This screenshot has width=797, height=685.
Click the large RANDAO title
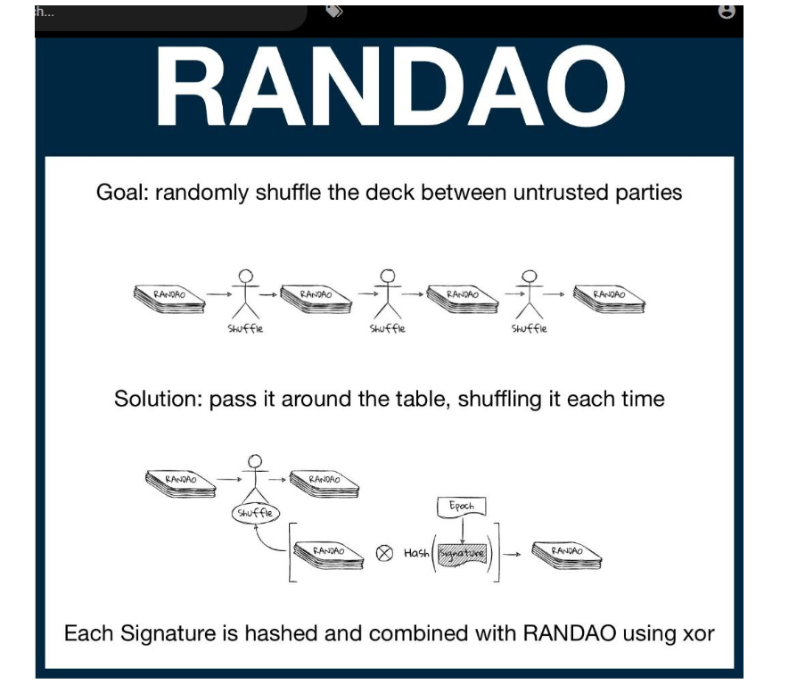coord(390,87)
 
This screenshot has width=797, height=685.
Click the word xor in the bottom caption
coord(694,634)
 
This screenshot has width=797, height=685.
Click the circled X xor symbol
coord(384,553)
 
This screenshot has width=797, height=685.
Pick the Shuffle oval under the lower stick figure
coord(256,514)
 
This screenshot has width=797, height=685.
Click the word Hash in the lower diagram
coord(416,553)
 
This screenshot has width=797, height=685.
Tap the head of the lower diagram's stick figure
coord(257,461)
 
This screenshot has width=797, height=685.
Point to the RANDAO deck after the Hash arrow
coord(567,556)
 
